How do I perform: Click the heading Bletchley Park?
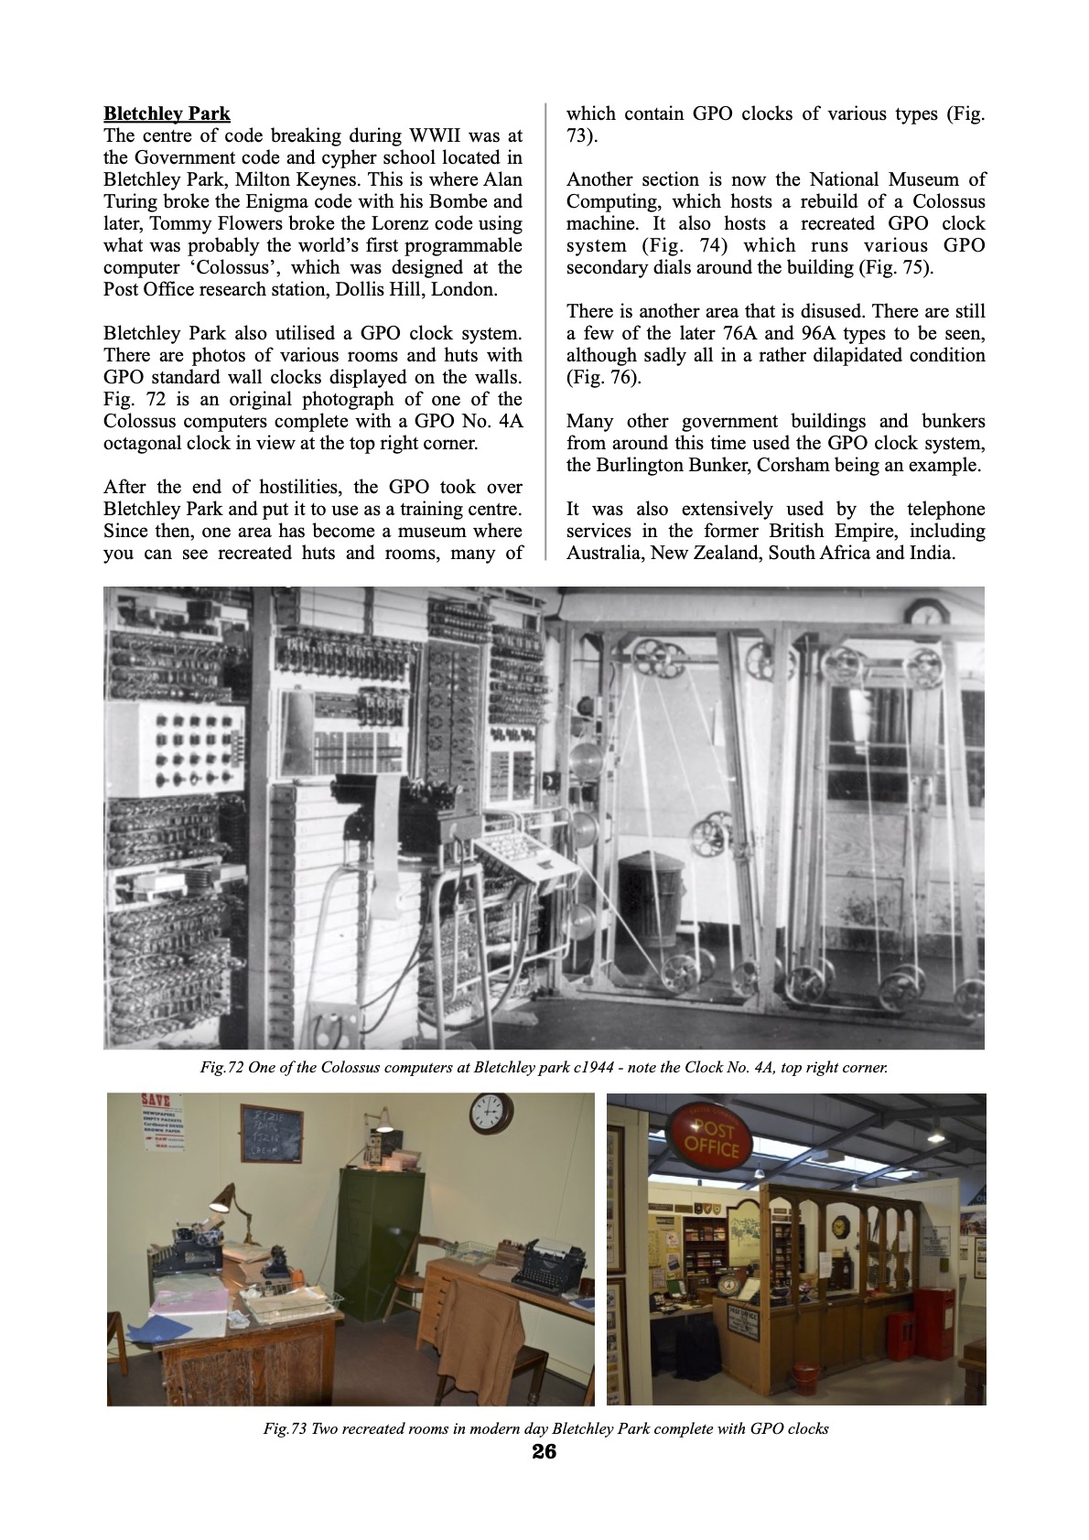[167, 113]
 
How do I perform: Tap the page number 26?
[544, 1452]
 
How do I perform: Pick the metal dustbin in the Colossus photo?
[652, 898]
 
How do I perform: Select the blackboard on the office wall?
[272, 1133]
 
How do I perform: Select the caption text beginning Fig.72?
[544, 1067]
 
